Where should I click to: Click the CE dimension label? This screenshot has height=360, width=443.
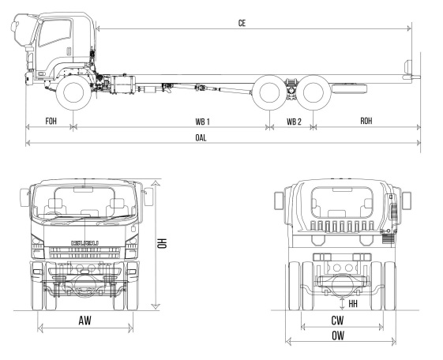click(x=242, y=23)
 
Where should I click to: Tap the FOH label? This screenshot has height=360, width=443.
click(x=51, y=121)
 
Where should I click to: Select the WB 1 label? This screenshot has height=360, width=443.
click(x=203, y=122)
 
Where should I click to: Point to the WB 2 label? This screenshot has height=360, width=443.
click(x=294, y=122)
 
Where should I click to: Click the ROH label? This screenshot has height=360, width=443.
click(x=366, y=121)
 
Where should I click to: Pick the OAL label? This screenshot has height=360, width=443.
click(x=201, y=138)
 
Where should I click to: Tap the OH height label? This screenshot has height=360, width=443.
click(x=162, y=243)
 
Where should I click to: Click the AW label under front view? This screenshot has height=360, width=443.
click(x=85, y=321)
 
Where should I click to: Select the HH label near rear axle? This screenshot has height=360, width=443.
click(x=353, y=304)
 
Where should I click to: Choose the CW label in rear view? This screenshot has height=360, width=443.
click(x=337, y=321)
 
